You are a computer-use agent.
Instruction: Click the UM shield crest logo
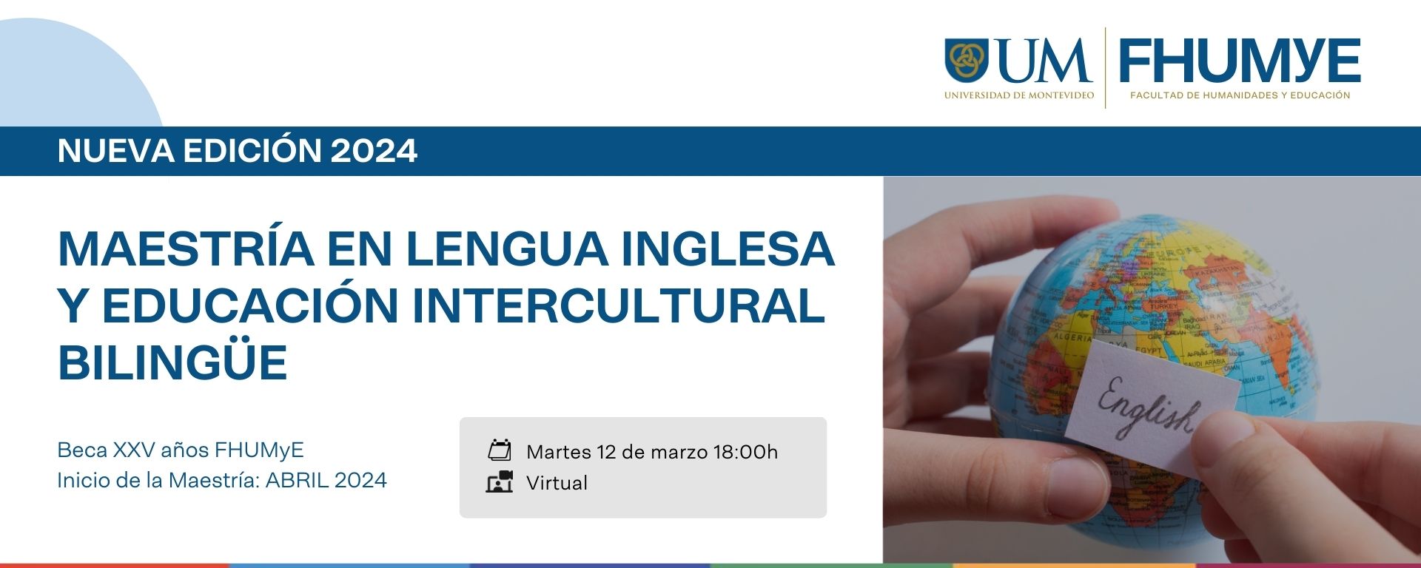point(966,60)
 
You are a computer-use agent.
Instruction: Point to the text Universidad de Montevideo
point(1018,95)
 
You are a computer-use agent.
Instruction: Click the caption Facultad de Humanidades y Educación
point(1240,95)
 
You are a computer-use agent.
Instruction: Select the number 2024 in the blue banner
point(374,151)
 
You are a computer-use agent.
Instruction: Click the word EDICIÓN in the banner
point(252,151)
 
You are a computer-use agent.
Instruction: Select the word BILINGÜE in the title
point(172,362)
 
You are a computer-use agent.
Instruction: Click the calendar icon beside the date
point(500,450)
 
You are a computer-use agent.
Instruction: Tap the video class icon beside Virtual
point(500,481)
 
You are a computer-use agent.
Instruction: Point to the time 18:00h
point(745,452)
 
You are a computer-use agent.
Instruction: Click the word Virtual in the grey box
point(557,483)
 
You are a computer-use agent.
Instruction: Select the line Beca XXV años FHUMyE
point(181,450)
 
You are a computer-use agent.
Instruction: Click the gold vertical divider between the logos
point(1106,68)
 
